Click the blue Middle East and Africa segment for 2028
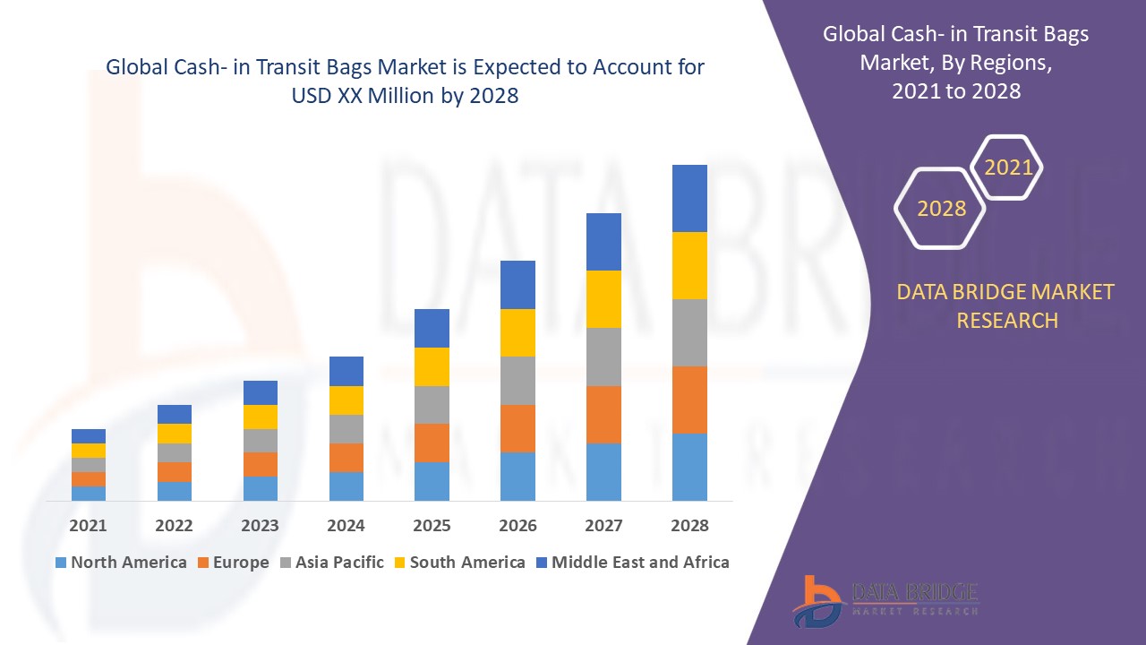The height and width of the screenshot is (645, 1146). coord(689,198)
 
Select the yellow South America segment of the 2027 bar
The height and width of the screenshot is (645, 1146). coord(603,299)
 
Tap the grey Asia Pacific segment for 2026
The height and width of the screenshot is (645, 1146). coord(517,381)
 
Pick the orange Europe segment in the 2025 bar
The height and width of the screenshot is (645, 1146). coord(432,443)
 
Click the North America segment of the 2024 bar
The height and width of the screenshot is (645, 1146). coord(346,486)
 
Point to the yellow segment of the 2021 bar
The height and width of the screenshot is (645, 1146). coord(89,451)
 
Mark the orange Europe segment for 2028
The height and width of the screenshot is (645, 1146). coord(689,400)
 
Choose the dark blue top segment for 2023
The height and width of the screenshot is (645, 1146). coord(261,392)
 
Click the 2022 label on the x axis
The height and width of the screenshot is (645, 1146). coord(174,526)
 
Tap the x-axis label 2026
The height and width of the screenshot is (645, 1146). coord(517,526)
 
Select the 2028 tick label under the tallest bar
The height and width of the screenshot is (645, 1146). coord(689,526)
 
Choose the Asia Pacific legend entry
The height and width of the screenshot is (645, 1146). coord(330,563)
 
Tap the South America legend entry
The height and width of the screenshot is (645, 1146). coord(458,563)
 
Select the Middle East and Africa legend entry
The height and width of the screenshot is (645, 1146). coord(631,563)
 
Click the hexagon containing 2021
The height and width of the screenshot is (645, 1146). coord(1007,168)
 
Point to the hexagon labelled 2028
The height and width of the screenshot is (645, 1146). coord(941,208)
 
